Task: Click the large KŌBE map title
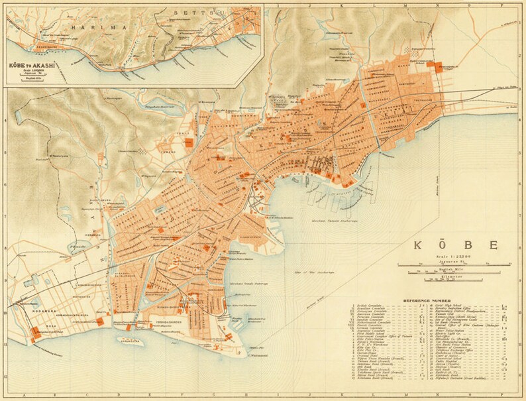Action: pyautogui.click(x=456, y=245)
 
